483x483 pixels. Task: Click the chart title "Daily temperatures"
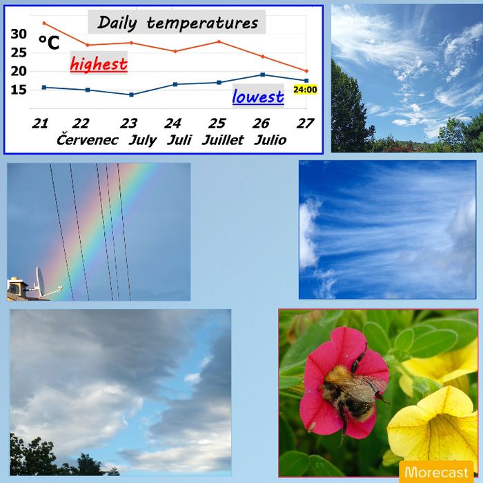point(178,23)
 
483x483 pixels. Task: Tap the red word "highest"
point(99,64)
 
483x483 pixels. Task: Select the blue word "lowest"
point(258,97)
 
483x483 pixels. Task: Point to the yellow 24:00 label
point(305,90)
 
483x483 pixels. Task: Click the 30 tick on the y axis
point(19,34)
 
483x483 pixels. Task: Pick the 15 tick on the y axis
point(19,90)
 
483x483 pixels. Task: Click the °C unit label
point(49,43)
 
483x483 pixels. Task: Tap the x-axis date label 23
point(128,124)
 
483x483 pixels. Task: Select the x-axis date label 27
point(305,124)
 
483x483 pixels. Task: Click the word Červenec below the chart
point(87,140)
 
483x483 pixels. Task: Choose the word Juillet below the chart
point(223,140)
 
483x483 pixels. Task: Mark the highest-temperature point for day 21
point(44,23)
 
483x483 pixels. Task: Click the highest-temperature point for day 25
point(219,41)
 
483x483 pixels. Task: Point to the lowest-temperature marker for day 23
point(132,95)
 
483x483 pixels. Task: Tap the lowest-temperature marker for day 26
point(262,75)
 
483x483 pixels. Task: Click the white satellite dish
point(40,282)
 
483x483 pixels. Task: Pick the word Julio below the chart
point(270,140)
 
